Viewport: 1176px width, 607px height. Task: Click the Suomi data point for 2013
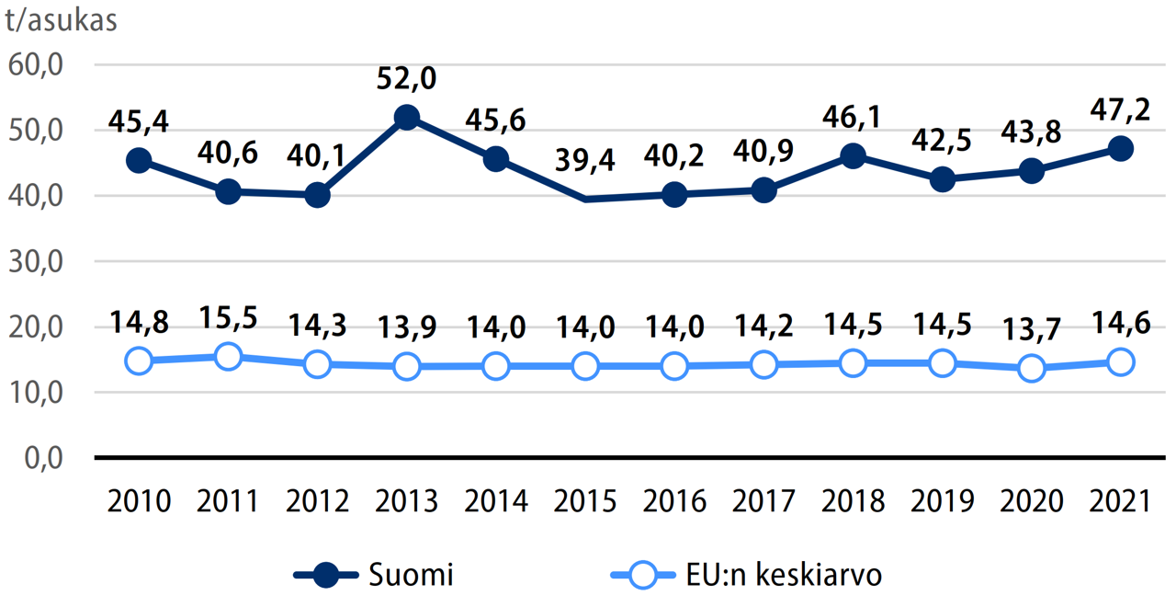click(x=407, y=118)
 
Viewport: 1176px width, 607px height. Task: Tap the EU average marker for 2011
click(x=228, y=356)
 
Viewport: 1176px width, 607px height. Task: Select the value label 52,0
click(x=407, y=78)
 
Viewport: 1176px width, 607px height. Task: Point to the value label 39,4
click(x=585, y=162)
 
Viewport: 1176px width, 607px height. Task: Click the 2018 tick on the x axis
click(x=854, y=501)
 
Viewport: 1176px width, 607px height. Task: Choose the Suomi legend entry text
click(x=411, y=576)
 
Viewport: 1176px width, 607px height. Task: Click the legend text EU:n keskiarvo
click(x=784, y=576)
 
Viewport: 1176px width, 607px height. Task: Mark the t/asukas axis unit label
click(x=62, y=20)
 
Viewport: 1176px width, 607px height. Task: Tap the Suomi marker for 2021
click(x=1120, y=149)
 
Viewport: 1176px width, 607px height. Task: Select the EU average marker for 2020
click(x=1031, y=368)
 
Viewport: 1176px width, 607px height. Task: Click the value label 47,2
click(x=1120, y=109)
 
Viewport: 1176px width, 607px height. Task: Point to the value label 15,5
click(x=228, y=317)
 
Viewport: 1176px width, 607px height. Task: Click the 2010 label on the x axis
click(x=139, y=501)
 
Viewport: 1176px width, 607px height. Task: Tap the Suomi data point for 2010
click(x=139, y=160)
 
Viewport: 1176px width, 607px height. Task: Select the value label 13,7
click(x=1031, y=328)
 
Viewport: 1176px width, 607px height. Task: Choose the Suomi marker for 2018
click(x=854, y=155)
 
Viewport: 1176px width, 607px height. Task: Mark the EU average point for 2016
click(x=674, y=366)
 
